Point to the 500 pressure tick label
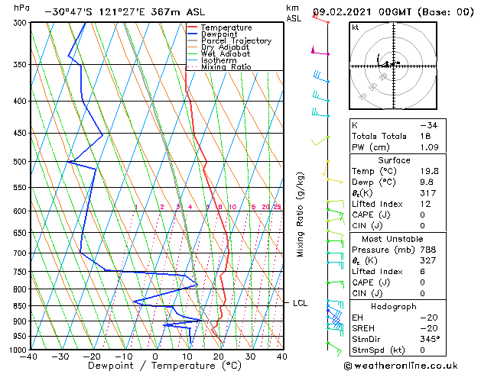[18, 162]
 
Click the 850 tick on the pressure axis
[18, 305]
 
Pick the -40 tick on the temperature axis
[30, 356]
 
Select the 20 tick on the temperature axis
[219, 356]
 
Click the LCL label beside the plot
[300, 303]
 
